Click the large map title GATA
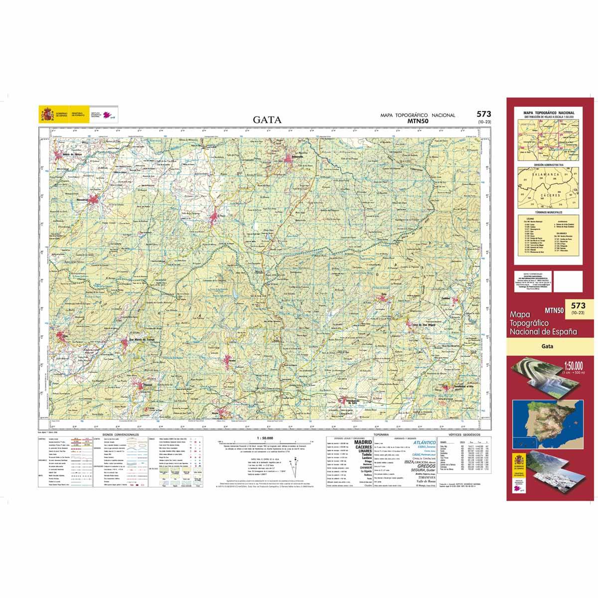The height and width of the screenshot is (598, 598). point(268,120)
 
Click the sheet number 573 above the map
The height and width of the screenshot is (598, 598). point(483,114)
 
